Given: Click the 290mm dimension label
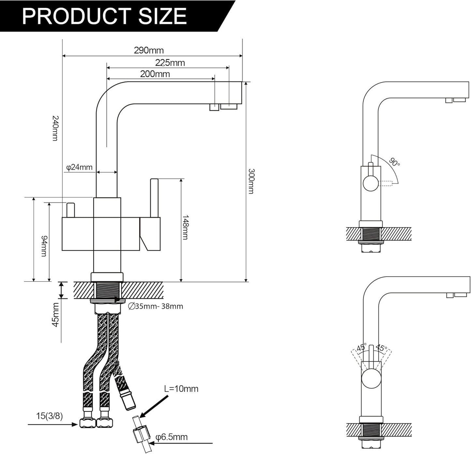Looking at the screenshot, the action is pos(149,50).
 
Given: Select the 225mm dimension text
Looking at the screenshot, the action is pos(170,63).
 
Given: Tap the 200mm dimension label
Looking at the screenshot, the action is pos(155,74).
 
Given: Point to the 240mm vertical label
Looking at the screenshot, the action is pos(55,128).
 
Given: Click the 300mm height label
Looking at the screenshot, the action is pos(251,181).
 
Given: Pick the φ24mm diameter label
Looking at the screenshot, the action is pos(80,167).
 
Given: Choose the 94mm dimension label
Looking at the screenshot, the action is pos(44,246).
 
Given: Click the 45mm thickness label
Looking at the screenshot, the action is pos(56,315).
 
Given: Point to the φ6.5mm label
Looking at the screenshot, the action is pos(171,437).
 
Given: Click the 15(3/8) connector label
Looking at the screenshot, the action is pos(49,416).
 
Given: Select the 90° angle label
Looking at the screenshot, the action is pos(394,162).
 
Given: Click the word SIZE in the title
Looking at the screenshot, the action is pos(162,16).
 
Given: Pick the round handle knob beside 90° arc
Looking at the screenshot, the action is pos(371,183).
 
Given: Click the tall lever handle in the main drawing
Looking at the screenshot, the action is pos(154,198).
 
